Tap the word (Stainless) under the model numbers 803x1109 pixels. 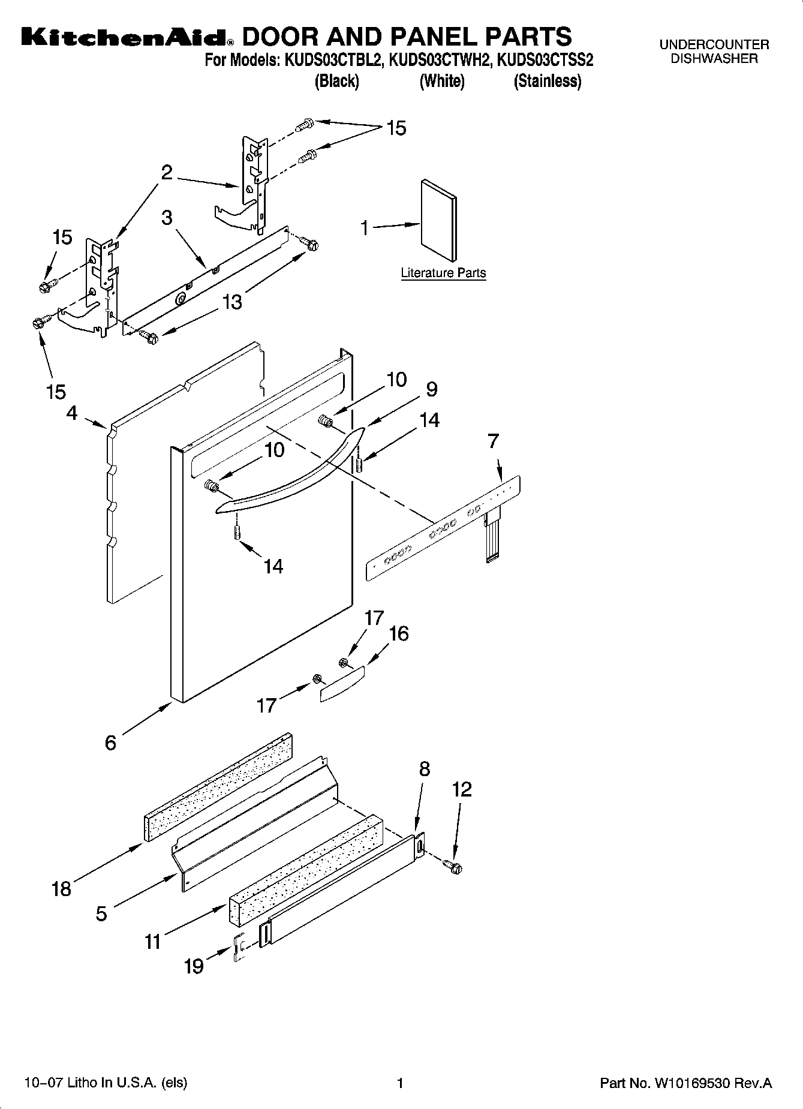tap(547, 81)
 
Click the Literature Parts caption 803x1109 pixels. tap(443, 273)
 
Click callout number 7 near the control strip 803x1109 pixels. tap(493, 441)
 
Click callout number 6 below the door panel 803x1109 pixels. tap(110, 743)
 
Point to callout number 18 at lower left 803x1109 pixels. tap(62, 888)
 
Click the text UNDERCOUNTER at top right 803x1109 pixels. tap(714, 44)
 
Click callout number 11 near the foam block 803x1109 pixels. tap(153, 941)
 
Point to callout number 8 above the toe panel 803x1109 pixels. tap(425, 769)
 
